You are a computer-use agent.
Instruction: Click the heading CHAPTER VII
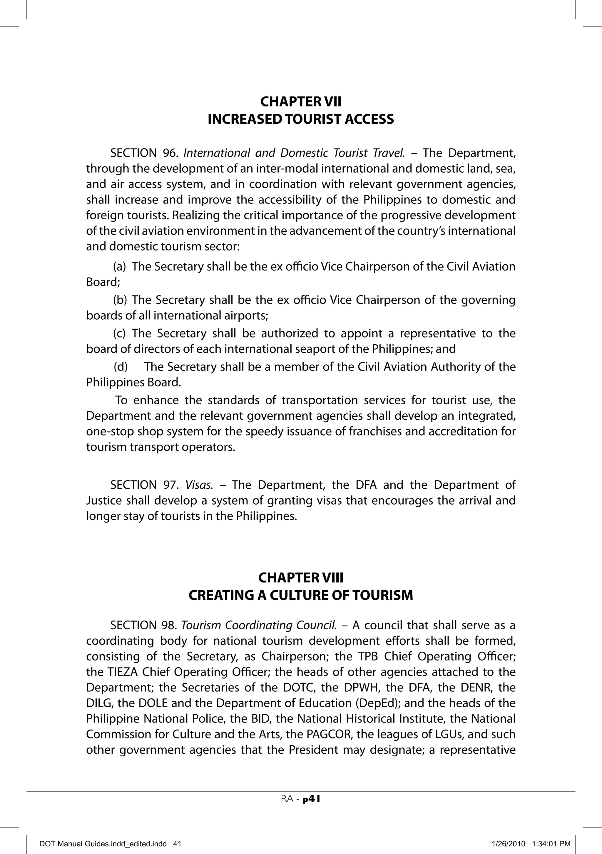click(x=300, y=101)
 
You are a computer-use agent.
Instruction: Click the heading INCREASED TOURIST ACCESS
click(x=300, y=119)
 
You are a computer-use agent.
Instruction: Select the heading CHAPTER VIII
click(x=300, y=578)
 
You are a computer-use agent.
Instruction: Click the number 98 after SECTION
click(x=170, y=625)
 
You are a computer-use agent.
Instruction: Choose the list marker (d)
click(x=121, y=367)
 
